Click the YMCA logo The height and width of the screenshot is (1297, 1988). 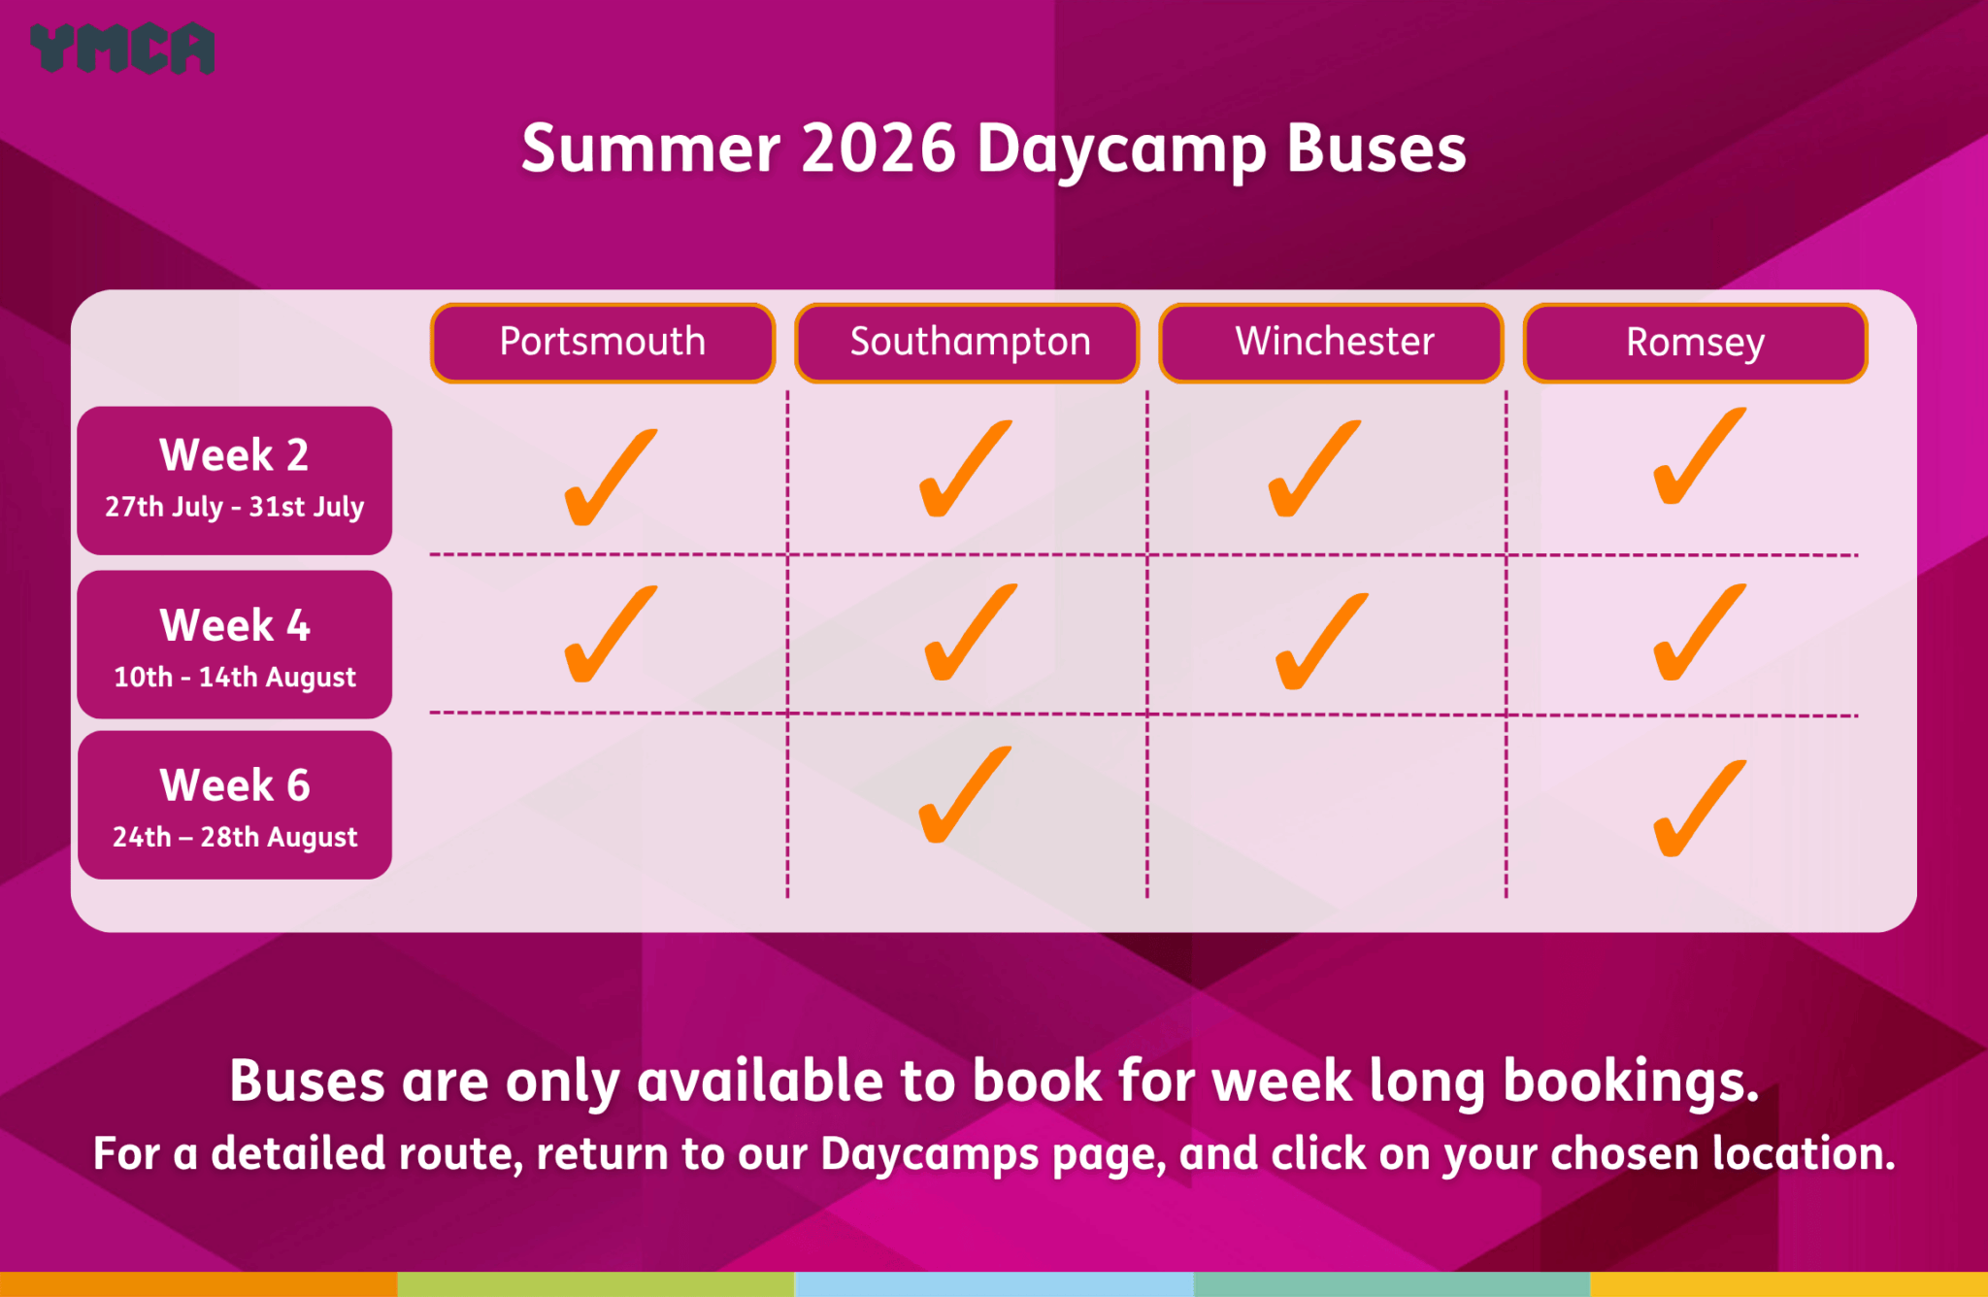tap(122, 48)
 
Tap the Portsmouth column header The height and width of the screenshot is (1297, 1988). tap(603, 343)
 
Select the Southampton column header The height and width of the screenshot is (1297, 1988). tap(967, 343)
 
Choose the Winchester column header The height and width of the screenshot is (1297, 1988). tap(1331, 343)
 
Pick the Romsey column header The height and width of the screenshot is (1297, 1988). tap(1695, 343)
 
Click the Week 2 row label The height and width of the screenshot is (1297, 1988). tap(235, 481)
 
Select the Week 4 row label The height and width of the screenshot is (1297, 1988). tap(235, 645)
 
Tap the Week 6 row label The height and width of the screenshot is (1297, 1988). tap(235, 805)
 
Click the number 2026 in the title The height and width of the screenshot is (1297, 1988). tap(878, 149)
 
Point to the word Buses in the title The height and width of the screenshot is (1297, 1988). tap(1376, 149)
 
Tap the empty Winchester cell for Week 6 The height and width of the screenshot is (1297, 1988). tap(1327, 806)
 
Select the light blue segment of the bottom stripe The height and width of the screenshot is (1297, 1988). tap(994, 1284)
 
